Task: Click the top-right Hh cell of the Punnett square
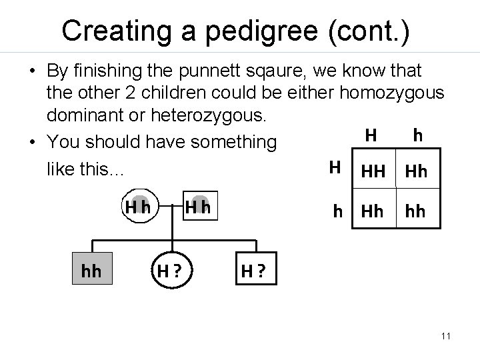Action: (x=416, y=172)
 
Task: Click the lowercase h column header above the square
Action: (x=417, y=135)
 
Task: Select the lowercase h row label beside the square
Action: (x=339, y=213)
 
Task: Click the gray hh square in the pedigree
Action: (x=91, y=271)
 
